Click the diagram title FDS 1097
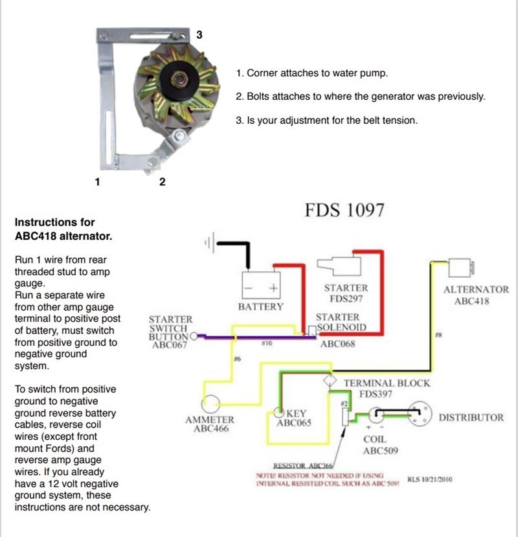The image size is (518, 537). (x=344, y=211)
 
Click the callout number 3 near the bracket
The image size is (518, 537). (x=199, y=34)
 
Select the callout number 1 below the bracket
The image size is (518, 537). (x=97, y=182)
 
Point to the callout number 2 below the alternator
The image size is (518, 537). (x=162, y=182)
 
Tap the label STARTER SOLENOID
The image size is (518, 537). (x=338, y=322)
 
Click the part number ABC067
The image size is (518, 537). (x=170, y=345)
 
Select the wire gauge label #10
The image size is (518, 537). (x=266, y=344)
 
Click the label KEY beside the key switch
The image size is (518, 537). (x=296, y=413)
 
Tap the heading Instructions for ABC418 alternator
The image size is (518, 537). (x=63, y=229)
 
